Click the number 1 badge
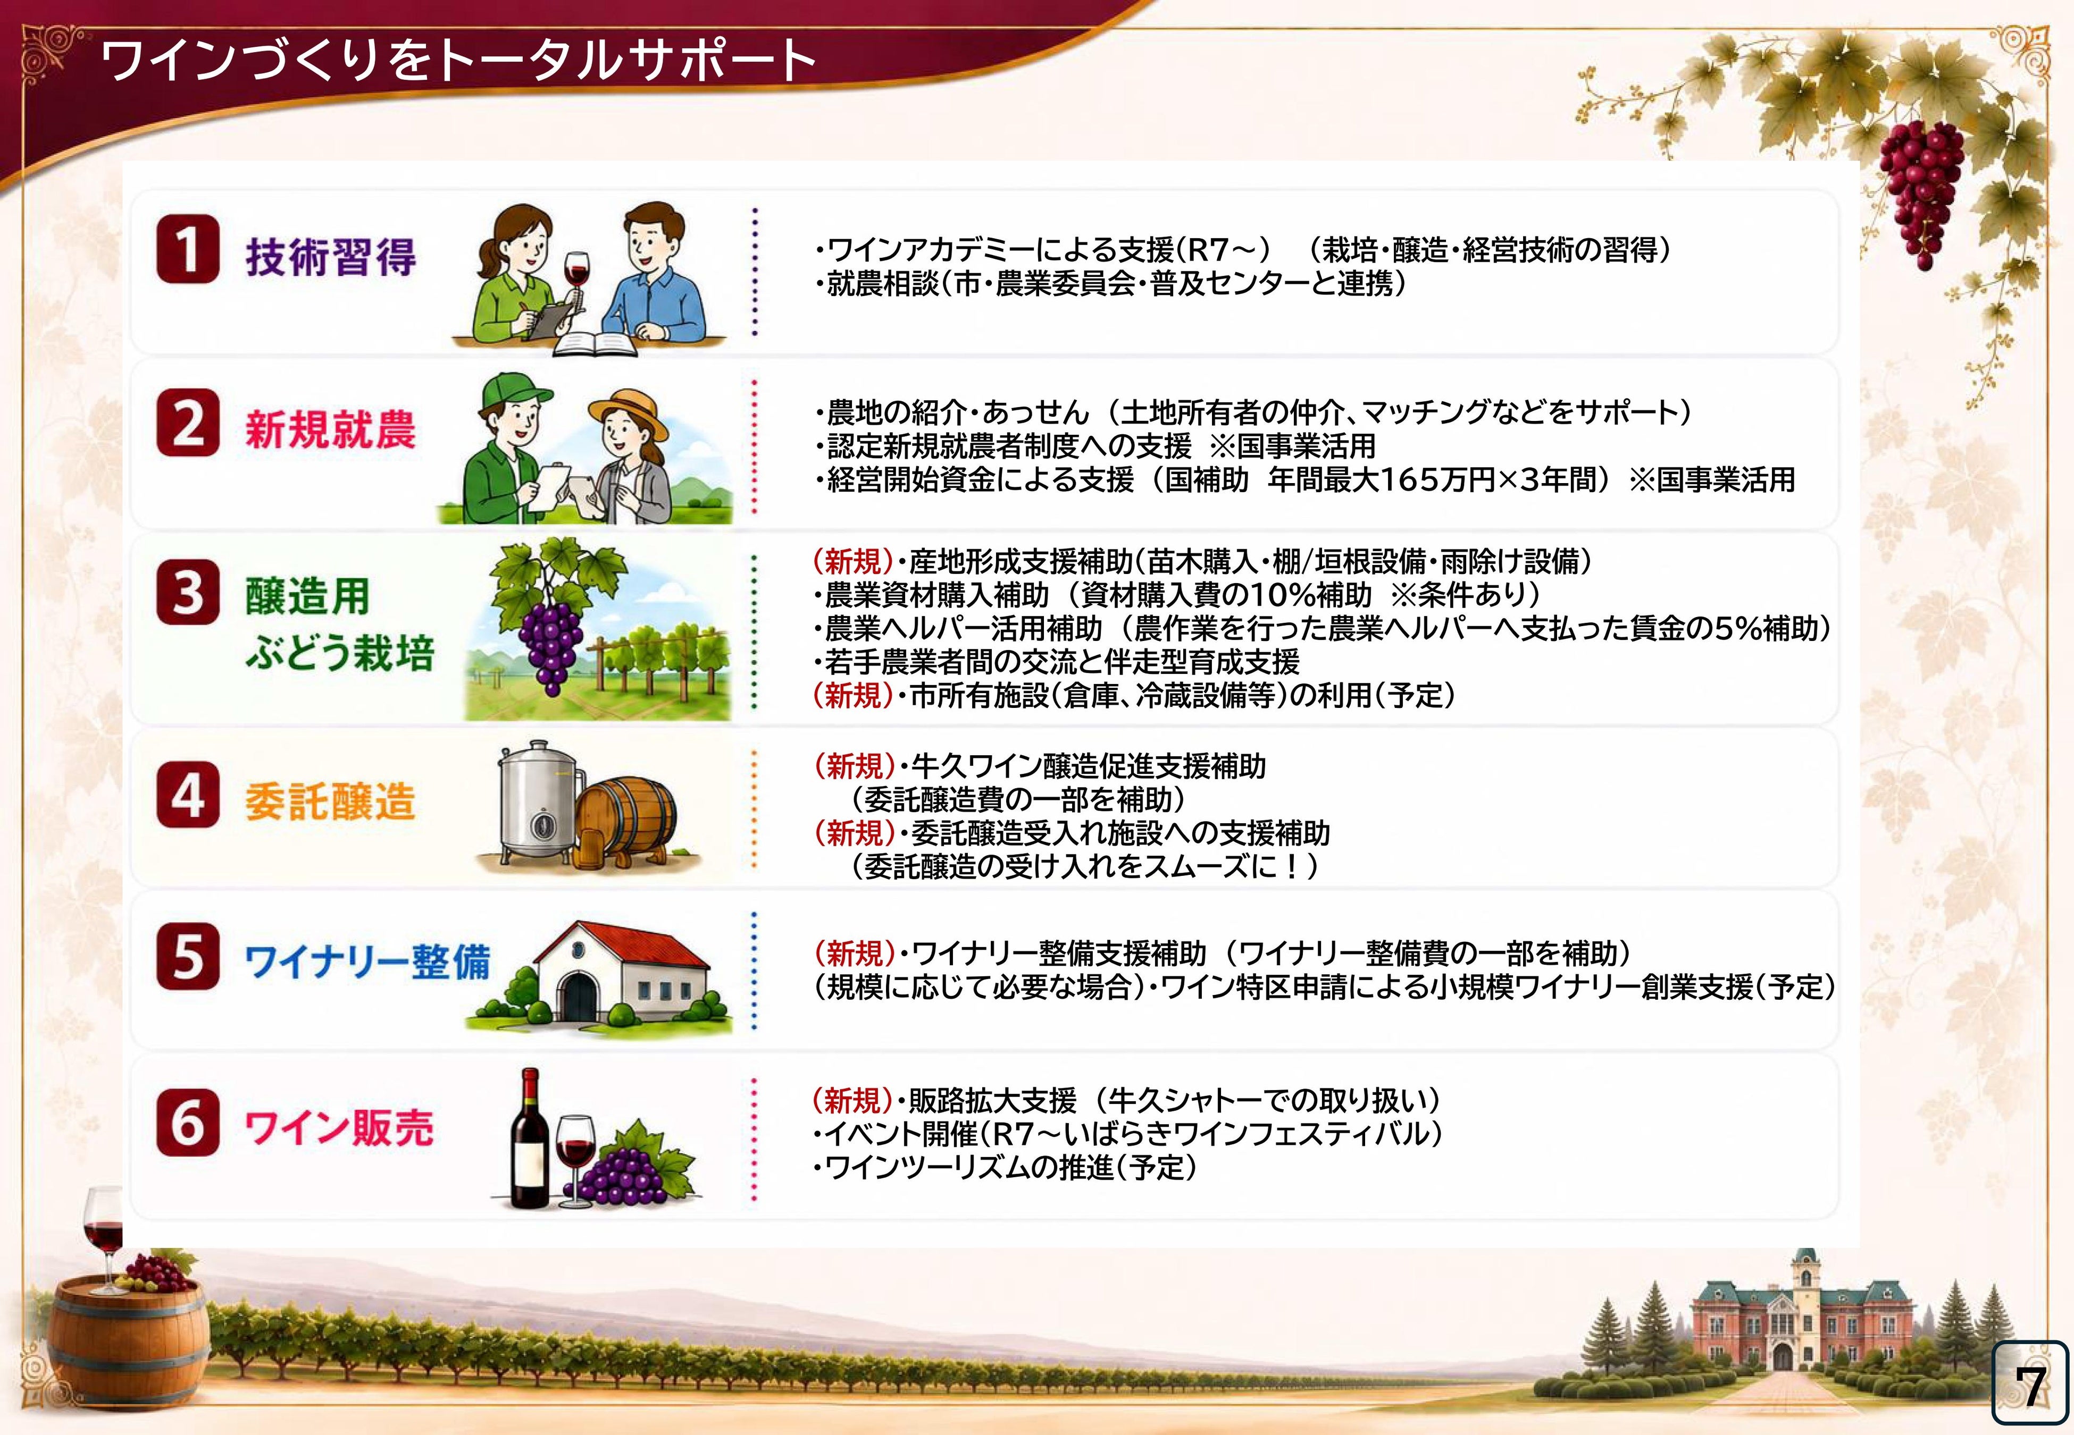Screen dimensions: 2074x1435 click(187, 250)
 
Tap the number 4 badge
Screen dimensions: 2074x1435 click(187, 794)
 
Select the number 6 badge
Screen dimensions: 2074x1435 click(187, 1122)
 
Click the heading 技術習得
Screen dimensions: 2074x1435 click(331, 257)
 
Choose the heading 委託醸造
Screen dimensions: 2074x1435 click(330, 800)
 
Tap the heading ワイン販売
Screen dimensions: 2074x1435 click(339, 1127)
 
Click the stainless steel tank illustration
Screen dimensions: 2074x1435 click(538, 805)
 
